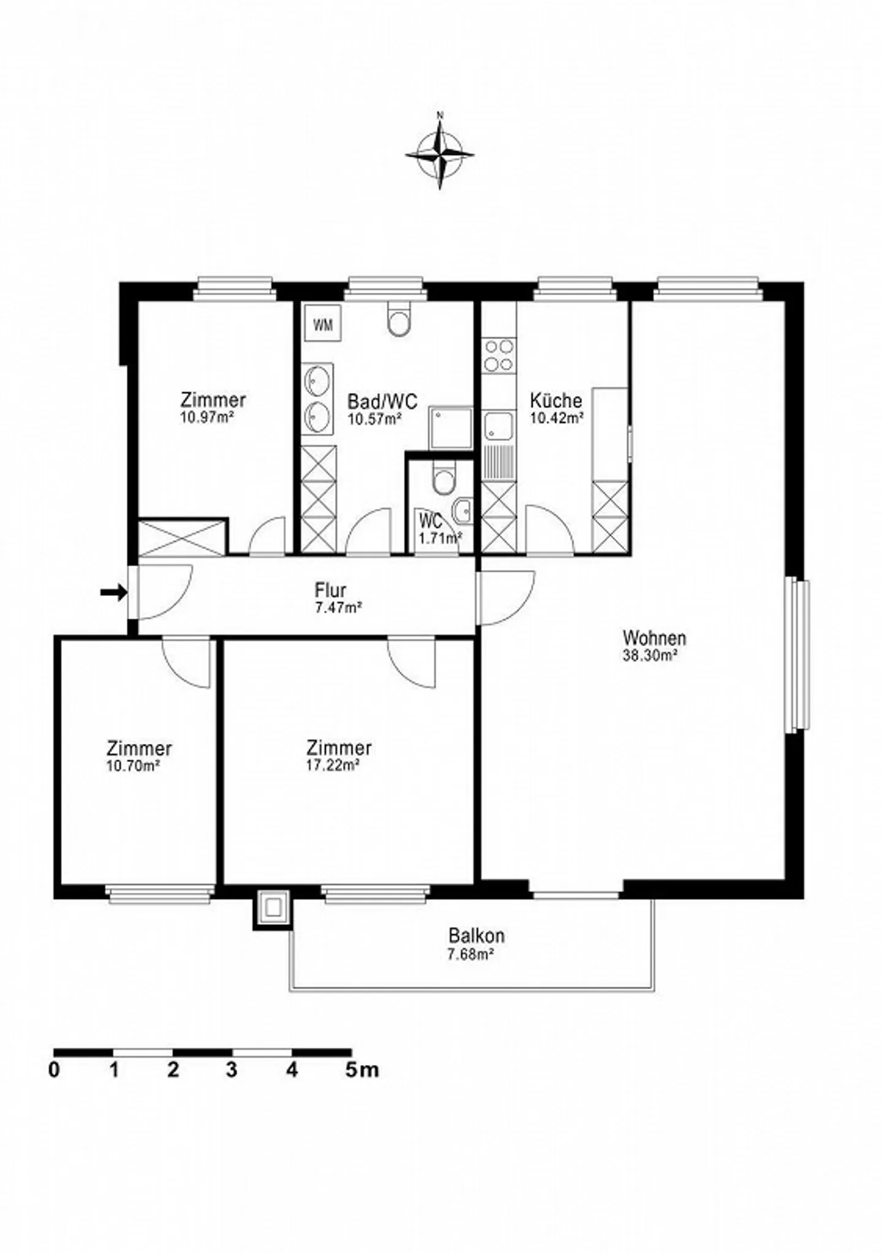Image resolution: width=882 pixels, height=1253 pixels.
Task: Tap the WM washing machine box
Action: [x=323, y=325]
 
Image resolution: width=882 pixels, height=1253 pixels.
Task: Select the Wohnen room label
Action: [x=654, y=638]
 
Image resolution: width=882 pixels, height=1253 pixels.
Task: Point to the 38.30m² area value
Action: [x=650, y=655]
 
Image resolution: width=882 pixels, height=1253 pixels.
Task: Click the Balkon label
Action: [x=477, y=936]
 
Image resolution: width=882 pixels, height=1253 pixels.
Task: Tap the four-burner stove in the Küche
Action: [x=499, y=356]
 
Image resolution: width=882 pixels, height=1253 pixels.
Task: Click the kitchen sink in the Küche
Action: [x=499, y=426]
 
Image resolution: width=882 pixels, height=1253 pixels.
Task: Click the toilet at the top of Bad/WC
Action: [x=399, y=322]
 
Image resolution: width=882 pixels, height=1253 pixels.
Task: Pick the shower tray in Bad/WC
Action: [x=451, y=427]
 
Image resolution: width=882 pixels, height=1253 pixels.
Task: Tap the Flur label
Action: [x=331, y=590]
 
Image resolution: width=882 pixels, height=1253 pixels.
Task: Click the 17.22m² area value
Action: [x=333, y=765]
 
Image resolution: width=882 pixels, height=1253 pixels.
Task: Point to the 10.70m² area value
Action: [x=134, y=765]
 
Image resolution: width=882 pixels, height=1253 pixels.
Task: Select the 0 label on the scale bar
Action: [x=55, y=1071]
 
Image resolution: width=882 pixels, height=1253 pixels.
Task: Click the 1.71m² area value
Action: [x=440, y=538]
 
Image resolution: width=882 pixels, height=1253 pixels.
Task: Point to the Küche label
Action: [x=556, y=401]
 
